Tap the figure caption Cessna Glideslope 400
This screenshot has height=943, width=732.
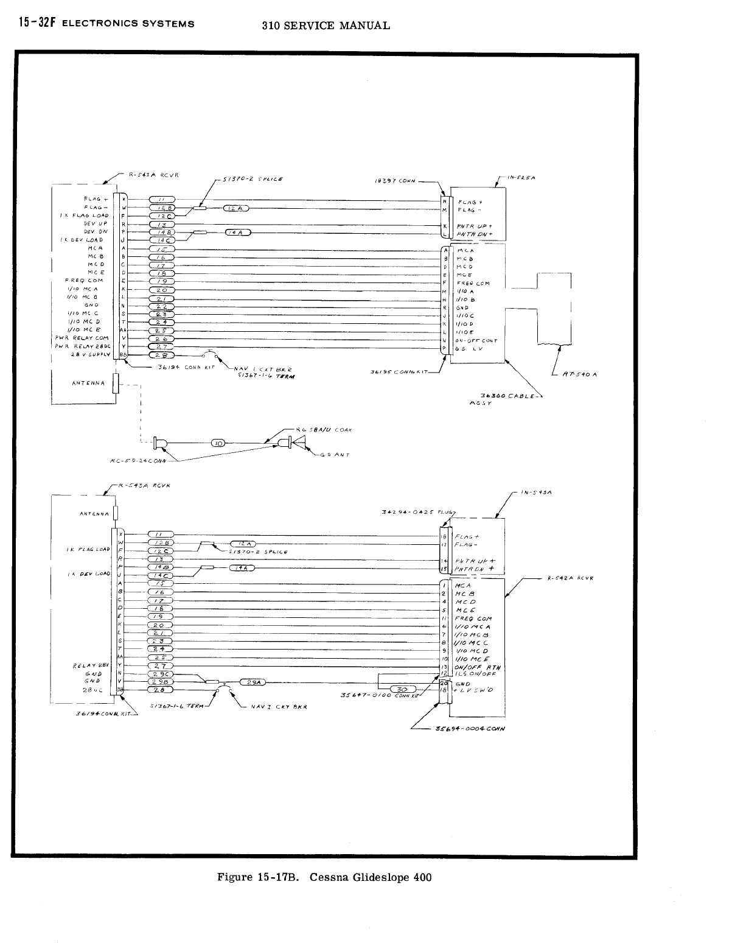coord(325,877)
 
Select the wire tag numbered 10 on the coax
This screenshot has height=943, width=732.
coord(218,443)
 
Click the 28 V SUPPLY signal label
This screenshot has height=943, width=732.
coord(90,354)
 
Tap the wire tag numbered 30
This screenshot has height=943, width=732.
coord(402,689)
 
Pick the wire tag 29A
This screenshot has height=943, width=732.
coord(251,682)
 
